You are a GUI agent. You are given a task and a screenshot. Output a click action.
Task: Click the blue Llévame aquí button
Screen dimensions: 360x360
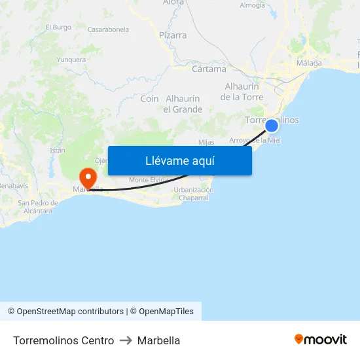(179, 160)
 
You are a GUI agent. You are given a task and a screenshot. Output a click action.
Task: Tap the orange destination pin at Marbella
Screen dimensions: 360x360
(88, 177)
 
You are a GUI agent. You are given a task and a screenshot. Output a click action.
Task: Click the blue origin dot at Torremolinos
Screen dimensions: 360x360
(272, 125)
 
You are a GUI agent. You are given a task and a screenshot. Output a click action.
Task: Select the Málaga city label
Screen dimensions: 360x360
(309, 63)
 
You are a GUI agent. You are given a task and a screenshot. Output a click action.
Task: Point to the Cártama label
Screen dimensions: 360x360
(209, 69)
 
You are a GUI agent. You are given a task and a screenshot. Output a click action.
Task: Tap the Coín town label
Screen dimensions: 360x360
(150, 99)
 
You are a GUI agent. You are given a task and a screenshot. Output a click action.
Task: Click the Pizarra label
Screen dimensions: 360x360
(173, 35)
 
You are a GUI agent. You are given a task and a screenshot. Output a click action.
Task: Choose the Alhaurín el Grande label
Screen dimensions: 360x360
(183, 104)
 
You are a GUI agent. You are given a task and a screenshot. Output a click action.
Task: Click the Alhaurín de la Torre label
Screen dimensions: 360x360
(242, 92)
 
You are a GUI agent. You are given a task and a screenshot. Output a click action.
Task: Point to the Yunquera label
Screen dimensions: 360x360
(71, 60)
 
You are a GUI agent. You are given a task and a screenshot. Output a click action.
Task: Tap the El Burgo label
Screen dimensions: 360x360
(58, 27)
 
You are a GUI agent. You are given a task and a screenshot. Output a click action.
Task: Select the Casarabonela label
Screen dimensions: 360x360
(108, 29)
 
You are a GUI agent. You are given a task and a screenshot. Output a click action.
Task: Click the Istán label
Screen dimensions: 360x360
(57, 150)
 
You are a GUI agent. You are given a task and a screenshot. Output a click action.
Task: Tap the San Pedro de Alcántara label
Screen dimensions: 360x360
(36, 207)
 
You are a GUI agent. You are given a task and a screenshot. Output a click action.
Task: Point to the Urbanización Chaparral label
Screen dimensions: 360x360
(194, 194)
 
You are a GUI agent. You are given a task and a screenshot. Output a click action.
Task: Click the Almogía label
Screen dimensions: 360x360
(252, 5)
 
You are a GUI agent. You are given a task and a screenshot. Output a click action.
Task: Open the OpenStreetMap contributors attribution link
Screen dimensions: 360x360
(70, 312)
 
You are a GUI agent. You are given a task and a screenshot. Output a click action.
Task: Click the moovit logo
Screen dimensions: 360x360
(321, 339)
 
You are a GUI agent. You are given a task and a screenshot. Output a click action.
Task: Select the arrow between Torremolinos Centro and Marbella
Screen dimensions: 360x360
(126, 340)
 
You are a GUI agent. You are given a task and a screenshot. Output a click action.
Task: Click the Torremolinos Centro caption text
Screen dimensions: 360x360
(63, 340)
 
